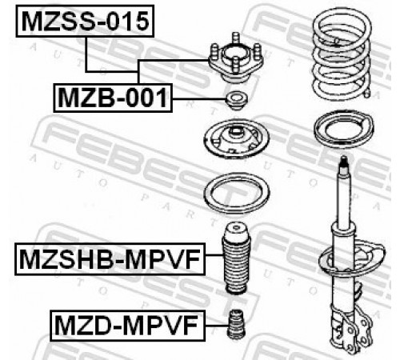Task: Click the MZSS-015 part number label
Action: coord(85,21)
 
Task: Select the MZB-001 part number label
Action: coord(113,98)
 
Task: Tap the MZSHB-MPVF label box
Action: coord(110,259)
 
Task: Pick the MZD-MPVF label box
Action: coord(127,326)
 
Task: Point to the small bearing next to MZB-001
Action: coord(236,101)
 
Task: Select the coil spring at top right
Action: coord(342,54)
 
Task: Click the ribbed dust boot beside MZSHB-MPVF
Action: coord(237,259)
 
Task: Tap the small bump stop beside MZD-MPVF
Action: coord(236,324)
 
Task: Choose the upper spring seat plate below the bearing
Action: coord(236,138)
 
